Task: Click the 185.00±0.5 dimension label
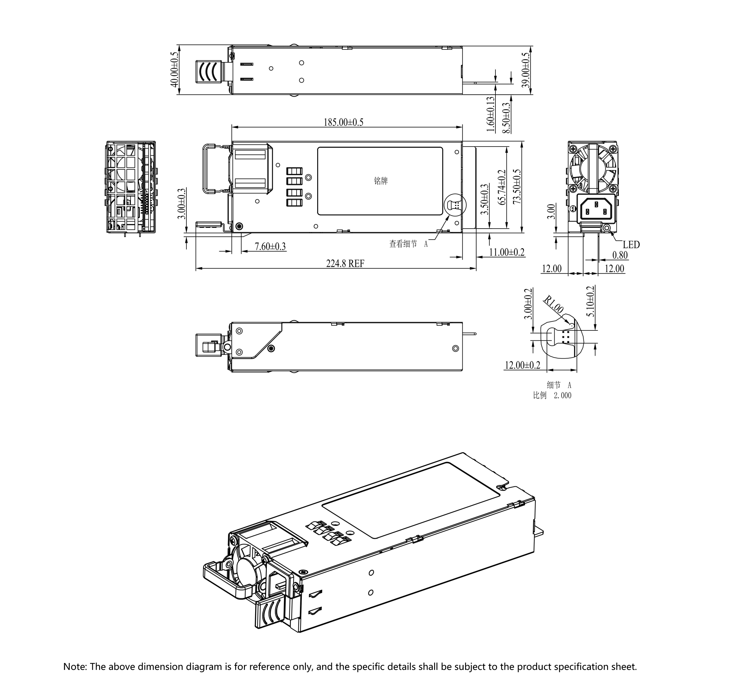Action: pyautogui.click(x=343, y=122)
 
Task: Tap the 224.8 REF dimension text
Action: pyautogui.click(x=345, y=264)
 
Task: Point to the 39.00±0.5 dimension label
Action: pyautogui.click(x=525, y=70)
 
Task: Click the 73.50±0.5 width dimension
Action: pyautogui.click(x=517, y=186)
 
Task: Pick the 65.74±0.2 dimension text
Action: pyautogui.click(x=502, y=187)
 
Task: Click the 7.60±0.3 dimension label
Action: pyautogui.click(x=270, y=246)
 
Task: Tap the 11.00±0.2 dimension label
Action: pyautogui.click(x=506, y=252)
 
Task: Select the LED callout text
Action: pyautogui.click(x=631, y=245)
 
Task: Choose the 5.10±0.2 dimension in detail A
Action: pyautogui.click(x=591, y=301)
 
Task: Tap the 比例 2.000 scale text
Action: pyautogui.click(x=552, y=396)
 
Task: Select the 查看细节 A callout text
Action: pyautogui.click(x=408, y=244)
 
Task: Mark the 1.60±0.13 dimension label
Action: pyautogui.click(x=490, y=114)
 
